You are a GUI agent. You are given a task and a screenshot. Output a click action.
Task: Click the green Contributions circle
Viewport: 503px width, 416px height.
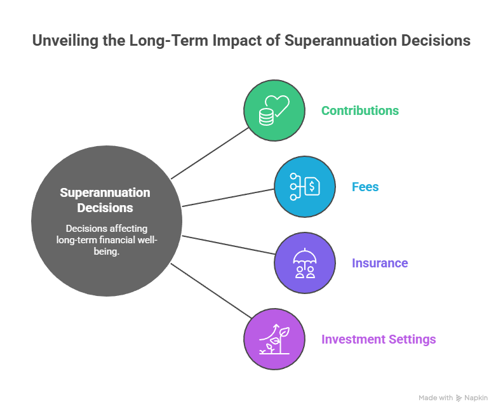pyautogui.click(x=274, y=110)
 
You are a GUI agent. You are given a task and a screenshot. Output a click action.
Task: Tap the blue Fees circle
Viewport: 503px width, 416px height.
pyautogui.click(x=305, y=187)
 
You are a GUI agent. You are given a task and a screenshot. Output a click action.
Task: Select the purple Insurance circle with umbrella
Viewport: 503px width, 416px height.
pyautogui.click(x=305, y=263)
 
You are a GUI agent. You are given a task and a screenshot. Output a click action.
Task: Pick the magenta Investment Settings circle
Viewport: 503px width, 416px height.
pyautogui.click(x=274, y=339)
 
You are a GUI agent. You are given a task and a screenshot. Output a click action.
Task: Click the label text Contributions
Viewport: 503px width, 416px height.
pyautogui.click(x=359, y=111)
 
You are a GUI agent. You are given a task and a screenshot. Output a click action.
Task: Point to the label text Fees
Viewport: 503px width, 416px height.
pyautogui.click(x=365, y=187)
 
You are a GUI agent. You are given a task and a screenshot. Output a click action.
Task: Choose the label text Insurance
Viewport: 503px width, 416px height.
pyautogui.click(x=380, y=263)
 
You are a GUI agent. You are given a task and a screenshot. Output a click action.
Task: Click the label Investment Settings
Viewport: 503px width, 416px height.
pyautogui.click(x=379, y=339)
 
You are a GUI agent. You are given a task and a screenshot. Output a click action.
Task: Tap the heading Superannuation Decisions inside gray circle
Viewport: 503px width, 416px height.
pyautogui.click(x=105, y=200)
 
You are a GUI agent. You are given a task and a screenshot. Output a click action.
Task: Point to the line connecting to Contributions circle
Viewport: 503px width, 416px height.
pyautogui.click(x=210, y=153)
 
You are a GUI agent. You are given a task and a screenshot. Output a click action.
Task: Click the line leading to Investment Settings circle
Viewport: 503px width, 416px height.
pyautogui.click(x=210, y=292)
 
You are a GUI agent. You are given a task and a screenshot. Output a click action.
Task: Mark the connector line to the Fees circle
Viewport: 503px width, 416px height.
pyautogui.click(x=229, y=197)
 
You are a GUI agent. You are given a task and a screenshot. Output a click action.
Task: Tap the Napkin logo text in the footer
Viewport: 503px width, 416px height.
pyautogui.click(x=476, y=398)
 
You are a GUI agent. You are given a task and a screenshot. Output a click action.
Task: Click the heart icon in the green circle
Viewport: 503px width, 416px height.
pyautogui.click(x=278, y=104)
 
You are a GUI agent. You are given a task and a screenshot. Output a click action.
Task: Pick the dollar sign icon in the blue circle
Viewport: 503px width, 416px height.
pyautogui.click(x=312, y=187)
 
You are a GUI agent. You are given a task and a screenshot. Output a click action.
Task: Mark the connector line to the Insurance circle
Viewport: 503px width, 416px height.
pyautogui.click(x=229, y=245)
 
